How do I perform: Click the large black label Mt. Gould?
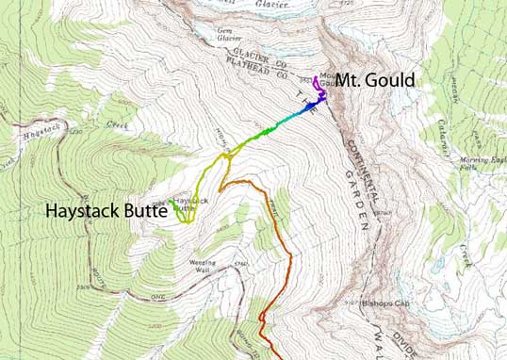click(375, 81)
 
